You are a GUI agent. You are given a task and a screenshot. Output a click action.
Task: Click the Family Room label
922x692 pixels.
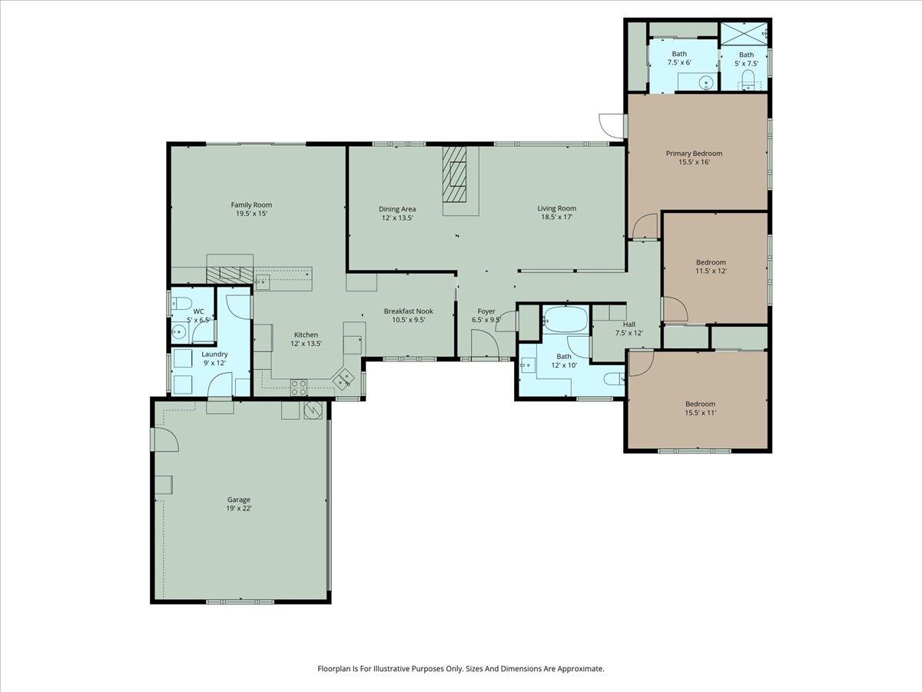click(251, 205)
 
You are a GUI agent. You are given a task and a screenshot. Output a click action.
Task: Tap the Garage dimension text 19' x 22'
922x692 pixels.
click(239, 508)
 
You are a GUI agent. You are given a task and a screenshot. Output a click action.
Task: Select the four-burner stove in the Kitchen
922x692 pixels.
click(298, 387)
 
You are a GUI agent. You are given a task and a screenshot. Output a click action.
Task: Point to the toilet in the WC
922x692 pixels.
click(180, 301)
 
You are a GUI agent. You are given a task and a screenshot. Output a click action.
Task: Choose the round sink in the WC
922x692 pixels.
click(179, 332)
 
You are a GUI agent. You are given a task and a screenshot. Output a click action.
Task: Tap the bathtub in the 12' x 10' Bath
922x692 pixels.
click(565, 319)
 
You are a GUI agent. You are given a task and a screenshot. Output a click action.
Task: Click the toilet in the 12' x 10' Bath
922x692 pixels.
click(613, 378)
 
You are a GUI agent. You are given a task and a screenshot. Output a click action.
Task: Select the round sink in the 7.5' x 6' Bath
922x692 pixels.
click(705, 82)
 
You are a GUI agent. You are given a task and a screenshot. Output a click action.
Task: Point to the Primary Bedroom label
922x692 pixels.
click(694, 153)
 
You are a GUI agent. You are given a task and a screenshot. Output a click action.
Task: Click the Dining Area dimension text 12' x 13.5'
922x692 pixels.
click(397, 218)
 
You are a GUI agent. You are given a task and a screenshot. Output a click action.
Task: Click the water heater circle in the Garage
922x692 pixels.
click(313, 410)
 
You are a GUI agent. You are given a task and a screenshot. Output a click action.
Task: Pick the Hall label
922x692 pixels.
click(628, 324)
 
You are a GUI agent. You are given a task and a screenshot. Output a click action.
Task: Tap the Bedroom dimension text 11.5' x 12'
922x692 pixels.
click(710, 271)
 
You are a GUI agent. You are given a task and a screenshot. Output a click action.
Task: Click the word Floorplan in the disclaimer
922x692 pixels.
click(336, 669)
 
